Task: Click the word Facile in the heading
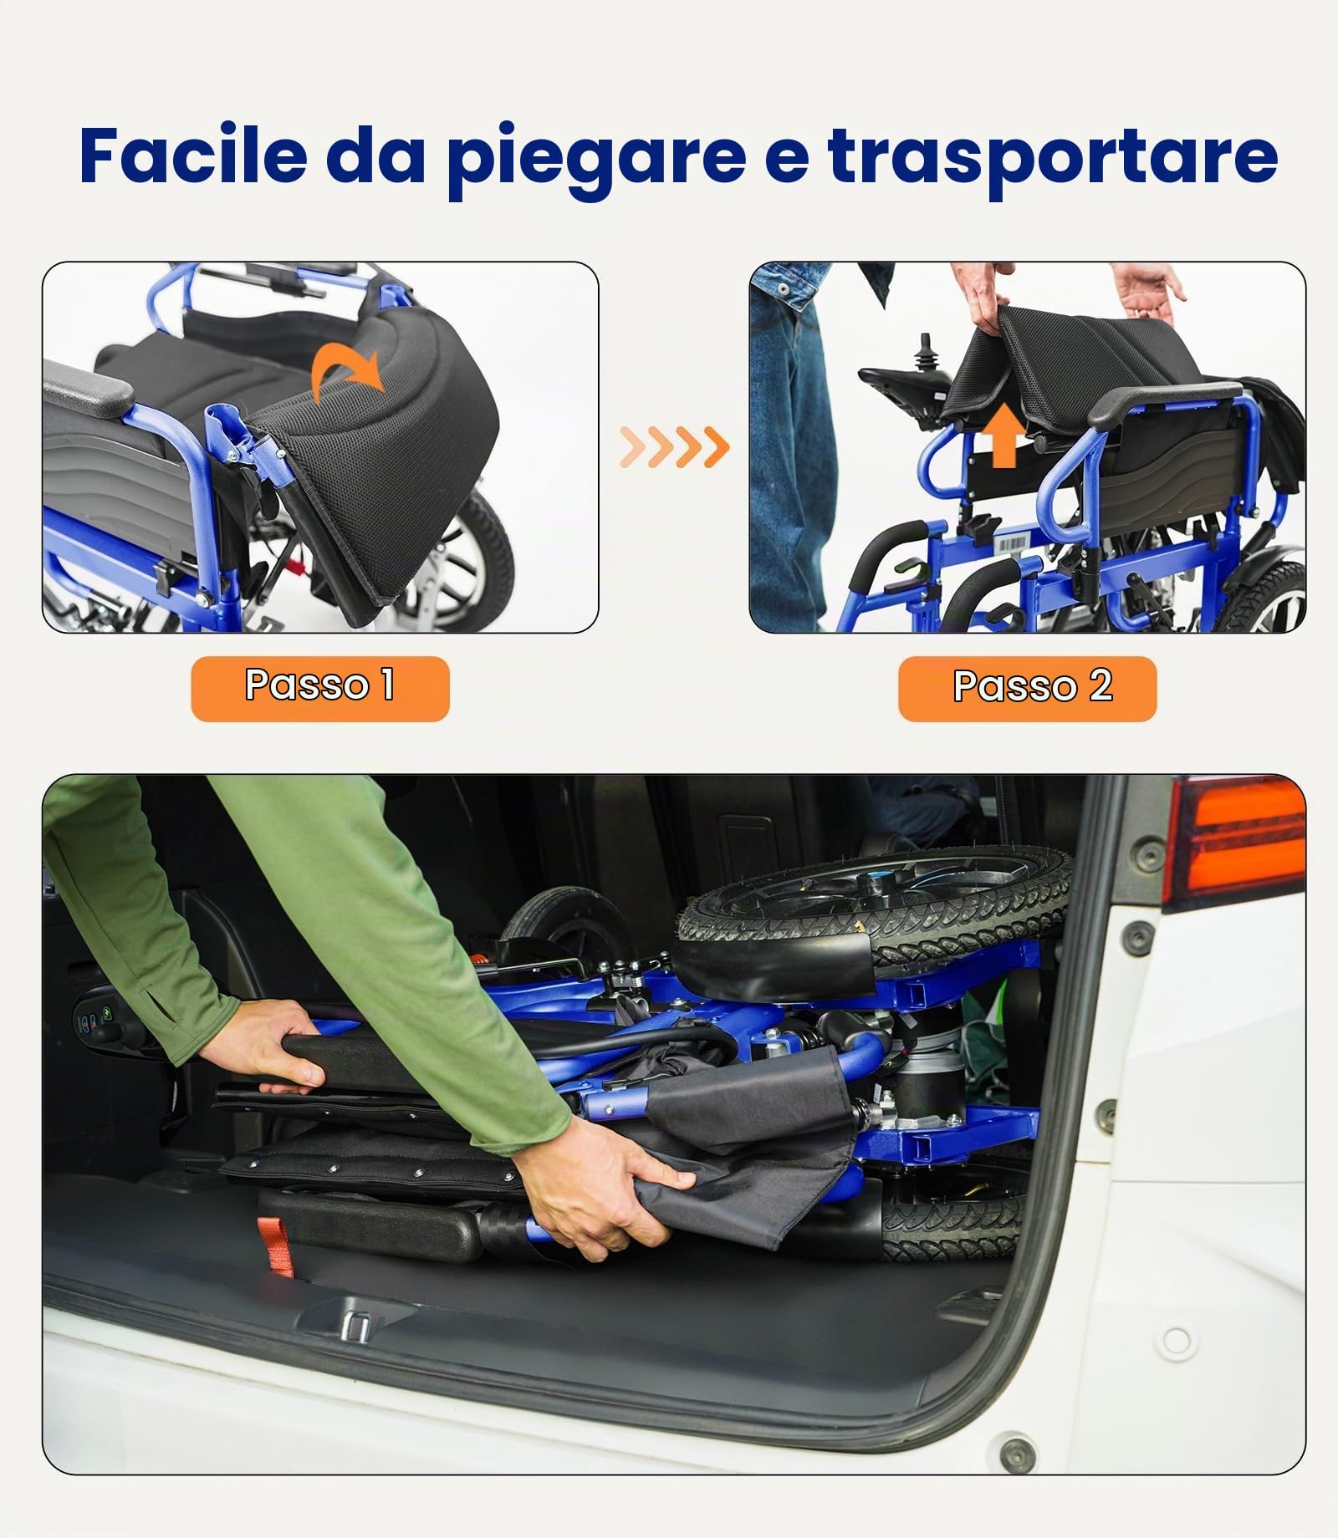tap(194, 155)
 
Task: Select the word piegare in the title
tap(595, 159)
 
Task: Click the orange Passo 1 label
tap(320, 688)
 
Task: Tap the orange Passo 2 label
tap(1027, 688)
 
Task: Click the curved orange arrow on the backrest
tap(349, 371)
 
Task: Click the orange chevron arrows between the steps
tap(674, 446)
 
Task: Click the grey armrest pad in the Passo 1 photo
tap(87, 390)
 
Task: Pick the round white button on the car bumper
tap(1177, 1342)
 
